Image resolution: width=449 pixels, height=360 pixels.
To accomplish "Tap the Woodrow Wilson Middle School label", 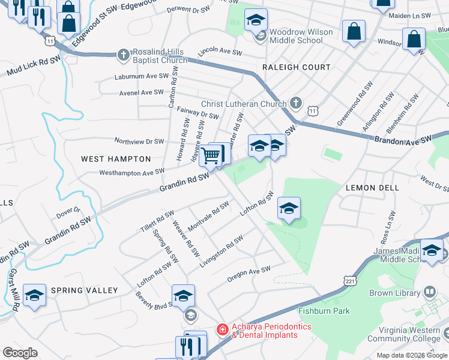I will (x=296, y=36).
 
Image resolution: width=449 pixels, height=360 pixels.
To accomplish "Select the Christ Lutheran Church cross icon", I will (x=295, y=104).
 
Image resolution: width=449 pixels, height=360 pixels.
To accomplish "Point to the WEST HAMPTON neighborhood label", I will (x=116, y=159).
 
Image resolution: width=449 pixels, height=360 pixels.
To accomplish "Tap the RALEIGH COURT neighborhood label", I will (x=297, y=67).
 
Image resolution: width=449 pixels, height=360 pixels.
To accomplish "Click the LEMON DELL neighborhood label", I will (x=372, y=188).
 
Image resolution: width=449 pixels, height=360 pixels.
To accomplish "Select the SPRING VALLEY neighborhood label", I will (x=84, y=290).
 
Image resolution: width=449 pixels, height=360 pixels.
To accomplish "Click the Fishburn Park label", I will (x=324, y=311).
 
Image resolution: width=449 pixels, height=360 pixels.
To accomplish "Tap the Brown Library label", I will (x=394, y=293).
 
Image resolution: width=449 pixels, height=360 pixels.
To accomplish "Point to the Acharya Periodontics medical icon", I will (x=222, y=329).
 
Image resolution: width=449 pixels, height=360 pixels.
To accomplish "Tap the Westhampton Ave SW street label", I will (x=131, y=172).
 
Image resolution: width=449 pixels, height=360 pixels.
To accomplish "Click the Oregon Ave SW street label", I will (x=249, y=274).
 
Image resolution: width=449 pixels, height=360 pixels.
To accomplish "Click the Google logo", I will (x=20, y=352).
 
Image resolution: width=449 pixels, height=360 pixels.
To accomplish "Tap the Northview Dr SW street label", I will (x=139, y=142).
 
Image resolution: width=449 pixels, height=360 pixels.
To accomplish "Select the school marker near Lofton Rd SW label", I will (x=289, y=209).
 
